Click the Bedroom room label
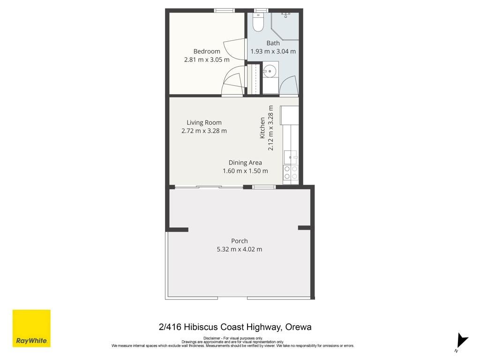[207, 52]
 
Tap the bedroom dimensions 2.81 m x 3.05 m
[207, 60]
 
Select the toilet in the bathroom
[258, 22]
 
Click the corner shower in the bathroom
[285, 26]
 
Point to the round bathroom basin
[270, 71]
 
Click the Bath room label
[273, 43]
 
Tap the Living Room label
[204, 122]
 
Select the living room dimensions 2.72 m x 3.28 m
[204, 131]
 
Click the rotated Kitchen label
[262, 127]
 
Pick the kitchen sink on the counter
[290, 157]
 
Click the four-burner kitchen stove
[291, 172]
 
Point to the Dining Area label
[245, 163]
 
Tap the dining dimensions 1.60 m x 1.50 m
[245, 171]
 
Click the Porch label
[240, 241]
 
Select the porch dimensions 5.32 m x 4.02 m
[240, 249]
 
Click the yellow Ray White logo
[31, 329]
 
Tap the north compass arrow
[462, 341]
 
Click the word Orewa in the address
[298, 327]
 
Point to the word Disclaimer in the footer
[212, 338]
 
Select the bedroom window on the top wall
[225, 11]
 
